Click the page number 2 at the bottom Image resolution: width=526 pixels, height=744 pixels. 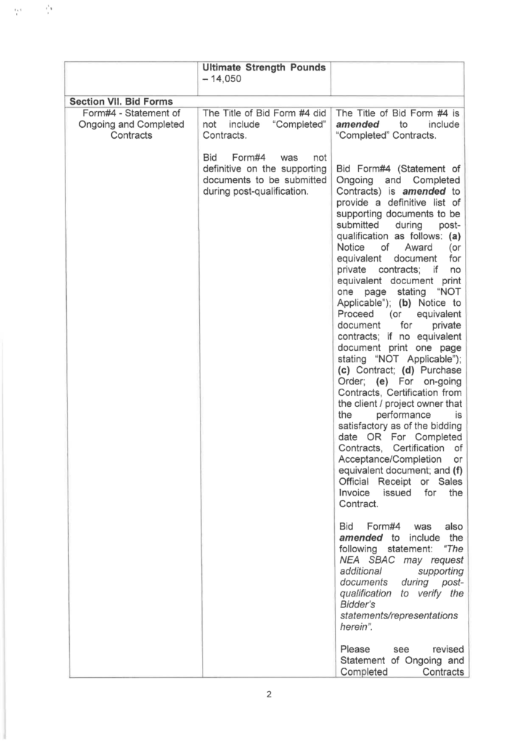(x=268, y=694)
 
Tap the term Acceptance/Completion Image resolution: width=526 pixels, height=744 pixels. (x=389, y=458)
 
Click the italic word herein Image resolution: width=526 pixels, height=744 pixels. (x=357, y=626)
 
